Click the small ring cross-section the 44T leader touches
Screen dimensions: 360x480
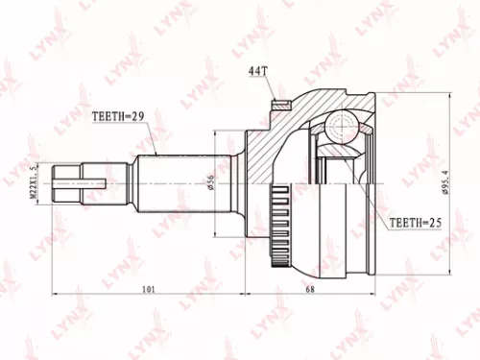[280, 107]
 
